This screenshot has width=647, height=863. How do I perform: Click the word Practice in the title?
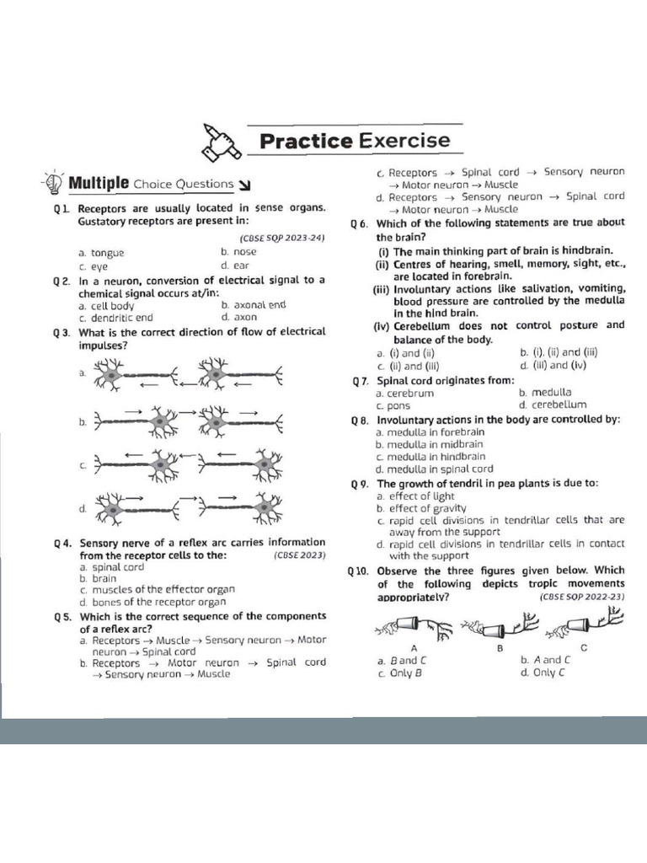(305, 140)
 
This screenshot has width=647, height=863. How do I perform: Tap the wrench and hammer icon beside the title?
(217, 141)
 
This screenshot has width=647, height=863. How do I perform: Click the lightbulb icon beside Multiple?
(53, 182)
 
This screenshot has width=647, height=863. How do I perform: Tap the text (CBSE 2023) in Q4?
(299, 556)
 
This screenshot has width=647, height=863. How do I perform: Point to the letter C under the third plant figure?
(584, 647)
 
